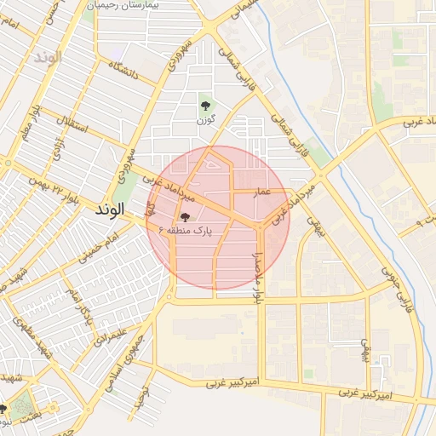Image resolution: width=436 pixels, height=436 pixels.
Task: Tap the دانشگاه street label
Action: (124, 72)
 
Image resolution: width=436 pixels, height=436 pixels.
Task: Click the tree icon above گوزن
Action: (204, 106)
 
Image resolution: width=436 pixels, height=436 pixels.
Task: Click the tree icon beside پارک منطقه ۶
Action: (186, 216)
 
